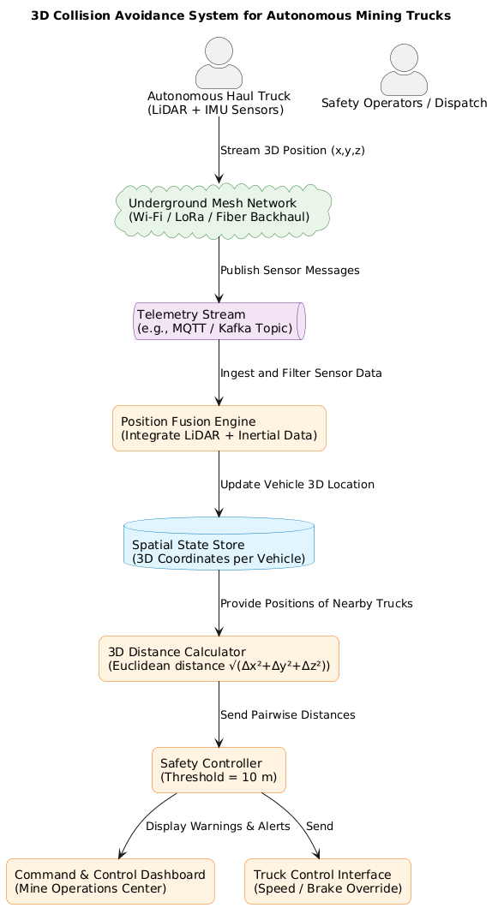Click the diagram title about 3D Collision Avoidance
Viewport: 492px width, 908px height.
(240, 15)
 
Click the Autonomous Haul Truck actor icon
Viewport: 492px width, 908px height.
(219, 63)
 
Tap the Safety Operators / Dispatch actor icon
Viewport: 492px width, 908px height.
(404, 69)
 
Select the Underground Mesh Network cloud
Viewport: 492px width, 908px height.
(223, 211)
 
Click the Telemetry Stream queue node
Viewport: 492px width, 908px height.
(219, 322)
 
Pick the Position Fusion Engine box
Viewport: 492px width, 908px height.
(219, 428)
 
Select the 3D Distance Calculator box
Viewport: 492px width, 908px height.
(219, 658)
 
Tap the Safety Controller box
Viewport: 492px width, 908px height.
(219, 770)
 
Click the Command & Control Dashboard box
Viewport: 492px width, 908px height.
(110, 881)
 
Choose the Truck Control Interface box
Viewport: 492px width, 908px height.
(327, 881)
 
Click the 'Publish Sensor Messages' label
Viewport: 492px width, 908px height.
(290, 271)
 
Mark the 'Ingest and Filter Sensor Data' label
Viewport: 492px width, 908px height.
(301, 373)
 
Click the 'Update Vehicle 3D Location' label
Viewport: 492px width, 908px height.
(297, 485)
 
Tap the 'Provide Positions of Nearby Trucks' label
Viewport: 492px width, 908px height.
(316, 604)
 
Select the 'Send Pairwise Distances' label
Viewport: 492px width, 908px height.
(287, 714)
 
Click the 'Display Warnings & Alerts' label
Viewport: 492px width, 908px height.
(218, 827)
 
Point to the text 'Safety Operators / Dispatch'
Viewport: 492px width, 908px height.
(404, 103)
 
